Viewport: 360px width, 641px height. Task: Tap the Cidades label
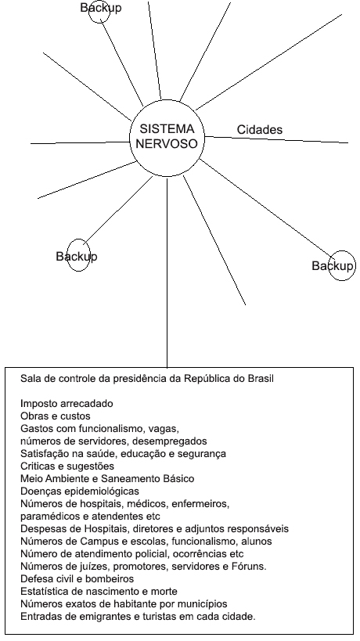click(260, 130)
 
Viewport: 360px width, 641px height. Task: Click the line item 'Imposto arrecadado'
click(67, 404)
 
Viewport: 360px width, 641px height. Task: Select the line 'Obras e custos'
click(56, 416)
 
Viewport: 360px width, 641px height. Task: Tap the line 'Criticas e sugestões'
click(67, 466)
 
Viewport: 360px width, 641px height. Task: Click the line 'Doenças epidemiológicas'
click(80, 491)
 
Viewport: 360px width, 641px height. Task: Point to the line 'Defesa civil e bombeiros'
click(77, 579)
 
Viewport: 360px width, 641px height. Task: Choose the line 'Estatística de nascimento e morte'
click(99, 592)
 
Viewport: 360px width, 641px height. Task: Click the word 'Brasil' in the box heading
click(261, 379)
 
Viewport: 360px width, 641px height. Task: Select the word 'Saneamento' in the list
click(128, 479)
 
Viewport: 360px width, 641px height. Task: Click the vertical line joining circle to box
click(167, 272)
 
